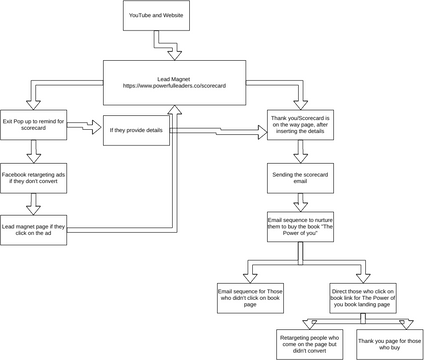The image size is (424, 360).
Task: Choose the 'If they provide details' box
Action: click(x=136, y=131)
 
